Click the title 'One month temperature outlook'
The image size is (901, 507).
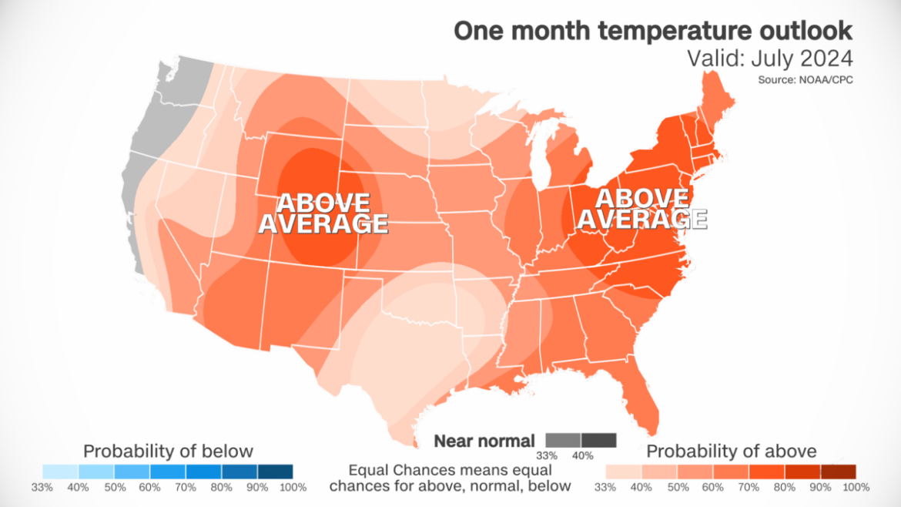pos(652,30)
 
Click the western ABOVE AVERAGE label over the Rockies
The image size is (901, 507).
pos(323,213)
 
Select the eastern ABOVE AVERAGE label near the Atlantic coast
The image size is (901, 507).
pos(641,209)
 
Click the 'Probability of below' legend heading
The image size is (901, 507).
pos(168,451)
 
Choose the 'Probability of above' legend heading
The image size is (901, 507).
pos(732,451)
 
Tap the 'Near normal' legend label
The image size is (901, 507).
pos(484,441)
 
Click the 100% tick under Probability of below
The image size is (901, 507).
pos(293,487)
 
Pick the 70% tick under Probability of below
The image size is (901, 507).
pos(186,487)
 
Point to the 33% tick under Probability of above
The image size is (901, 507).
pos(606,487)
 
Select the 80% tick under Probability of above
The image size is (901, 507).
pos(785,487)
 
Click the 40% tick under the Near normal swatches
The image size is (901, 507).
pos(582,455)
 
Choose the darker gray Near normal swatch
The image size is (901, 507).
pos(599,440)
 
